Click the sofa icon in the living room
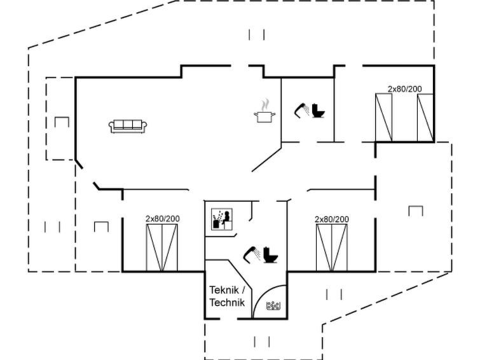click(128, 126)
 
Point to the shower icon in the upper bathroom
click(301, 110)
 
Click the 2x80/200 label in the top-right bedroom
click(405, 90)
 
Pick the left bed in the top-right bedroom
click(384, 117)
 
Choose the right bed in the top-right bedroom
click(425, 117)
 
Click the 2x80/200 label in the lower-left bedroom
click(163, 219)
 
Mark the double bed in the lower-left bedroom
click(162, 247)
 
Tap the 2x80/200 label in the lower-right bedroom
click(332, 219)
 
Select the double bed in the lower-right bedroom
click(332, 247)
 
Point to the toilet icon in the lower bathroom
click(272, 255)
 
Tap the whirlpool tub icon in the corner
click(274, 307)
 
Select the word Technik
click(227, 303)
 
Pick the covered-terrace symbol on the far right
click(416, 211)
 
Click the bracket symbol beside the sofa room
click(62, 121)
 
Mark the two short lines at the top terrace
click(257, 34)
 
